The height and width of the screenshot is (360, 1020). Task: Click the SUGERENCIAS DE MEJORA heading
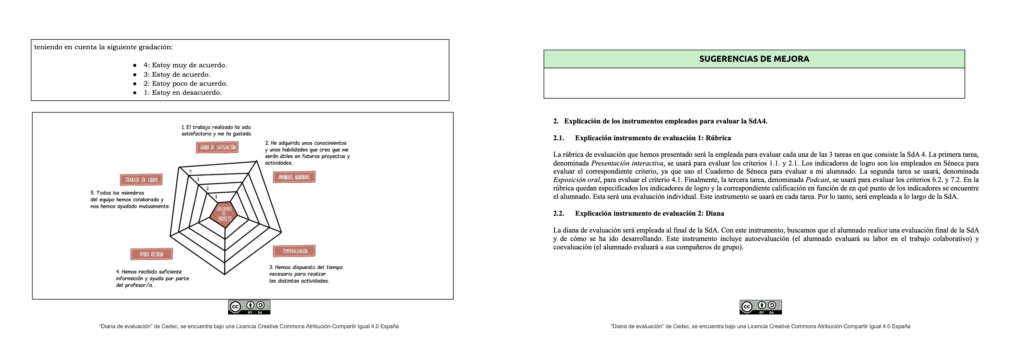coord(754,59)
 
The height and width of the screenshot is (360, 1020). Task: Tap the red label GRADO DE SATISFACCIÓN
coord(217,147)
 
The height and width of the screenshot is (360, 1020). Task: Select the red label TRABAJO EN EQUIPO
coord(141,180)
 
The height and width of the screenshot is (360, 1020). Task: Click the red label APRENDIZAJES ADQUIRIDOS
coord(294,177)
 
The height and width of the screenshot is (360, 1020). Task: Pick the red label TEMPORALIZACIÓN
coord(294,251)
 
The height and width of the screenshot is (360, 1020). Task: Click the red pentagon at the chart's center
coord(224,214)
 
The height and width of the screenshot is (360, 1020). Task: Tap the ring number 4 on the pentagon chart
coord(190,171)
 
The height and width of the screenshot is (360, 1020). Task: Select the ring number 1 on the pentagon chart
coord(216,197)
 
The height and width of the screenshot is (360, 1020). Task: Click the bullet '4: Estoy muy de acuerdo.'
coord(185,65)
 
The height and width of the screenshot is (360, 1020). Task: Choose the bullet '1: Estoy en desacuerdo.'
coord(182,93)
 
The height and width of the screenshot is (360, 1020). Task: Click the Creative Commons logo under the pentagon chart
coord(249,307)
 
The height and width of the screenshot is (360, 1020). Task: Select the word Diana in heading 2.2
coord(715,214)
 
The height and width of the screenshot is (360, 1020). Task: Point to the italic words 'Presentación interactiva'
coord(627,163)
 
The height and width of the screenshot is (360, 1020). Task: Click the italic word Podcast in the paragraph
coord(817,180)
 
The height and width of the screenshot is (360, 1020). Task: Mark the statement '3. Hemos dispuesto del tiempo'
coord(306,267)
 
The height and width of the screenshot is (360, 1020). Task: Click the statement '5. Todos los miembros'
coord(117,193)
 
